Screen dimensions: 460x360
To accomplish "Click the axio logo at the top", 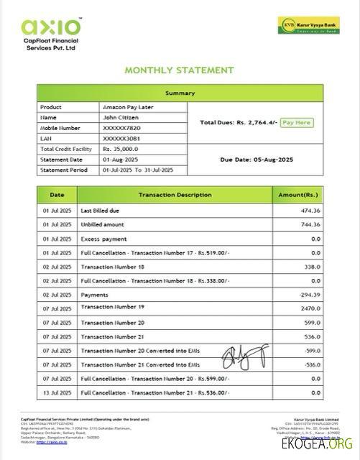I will [51, 27].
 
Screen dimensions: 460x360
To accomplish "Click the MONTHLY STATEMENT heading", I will [179, 70].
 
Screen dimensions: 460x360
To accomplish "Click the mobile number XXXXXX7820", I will [121, 127].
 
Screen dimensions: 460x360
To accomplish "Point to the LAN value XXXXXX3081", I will [121, 138].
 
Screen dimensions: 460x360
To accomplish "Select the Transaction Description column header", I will [175, 195].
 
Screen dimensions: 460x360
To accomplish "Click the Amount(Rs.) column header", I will [297, 195].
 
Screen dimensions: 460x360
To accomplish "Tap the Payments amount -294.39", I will [310, 294].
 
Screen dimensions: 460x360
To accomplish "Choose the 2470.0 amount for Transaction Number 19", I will [310, 308].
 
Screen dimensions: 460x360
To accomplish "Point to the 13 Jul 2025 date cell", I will [56, 393].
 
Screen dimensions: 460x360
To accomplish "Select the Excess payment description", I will [100, 239].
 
